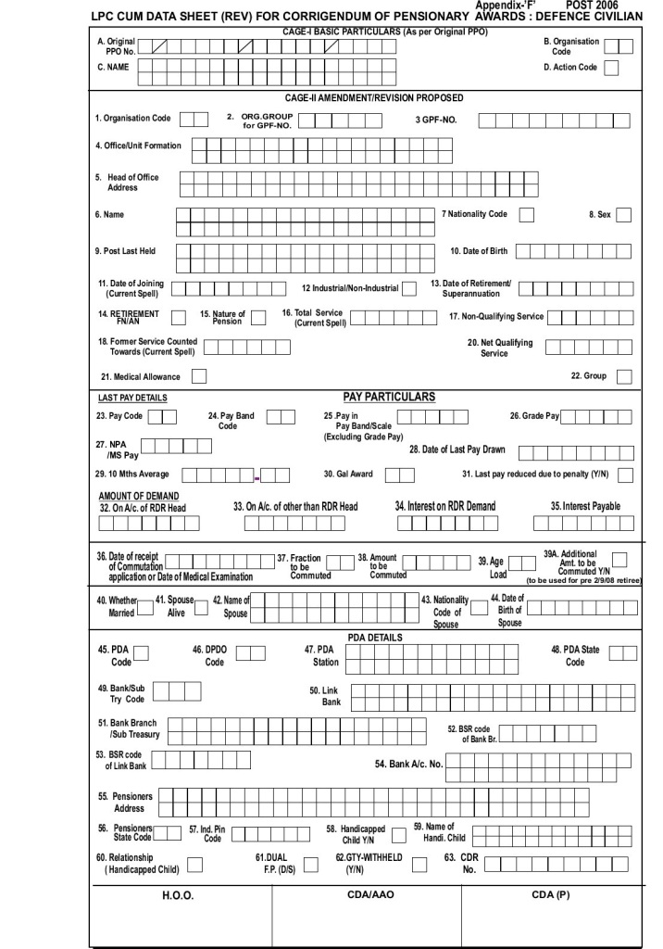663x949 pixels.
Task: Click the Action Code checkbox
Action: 612,68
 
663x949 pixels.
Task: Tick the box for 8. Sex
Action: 623,215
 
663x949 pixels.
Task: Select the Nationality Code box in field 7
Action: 526,215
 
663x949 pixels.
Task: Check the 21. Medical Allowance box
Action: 198,376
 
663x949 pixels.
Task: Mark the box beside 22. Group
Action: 623,376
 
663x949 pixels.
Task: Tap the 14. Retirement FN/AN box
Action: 179,318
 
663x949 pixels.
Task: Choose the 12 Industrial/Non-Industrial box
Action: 408,288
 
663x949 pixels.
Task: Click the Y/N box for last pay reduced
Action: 626,474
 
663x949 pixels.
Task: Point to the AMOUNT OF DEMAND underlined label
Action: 138,497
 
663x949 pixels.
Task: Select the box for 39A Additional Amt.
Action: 619,558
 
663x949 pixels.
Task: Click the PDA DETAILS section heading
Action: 374,638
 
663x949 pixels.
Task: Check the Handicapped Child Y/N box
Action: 398,833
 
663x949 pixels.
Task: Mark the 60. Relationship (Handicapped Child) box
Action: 195,865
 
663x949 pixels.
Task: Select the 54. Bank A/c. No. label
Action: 408,764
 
